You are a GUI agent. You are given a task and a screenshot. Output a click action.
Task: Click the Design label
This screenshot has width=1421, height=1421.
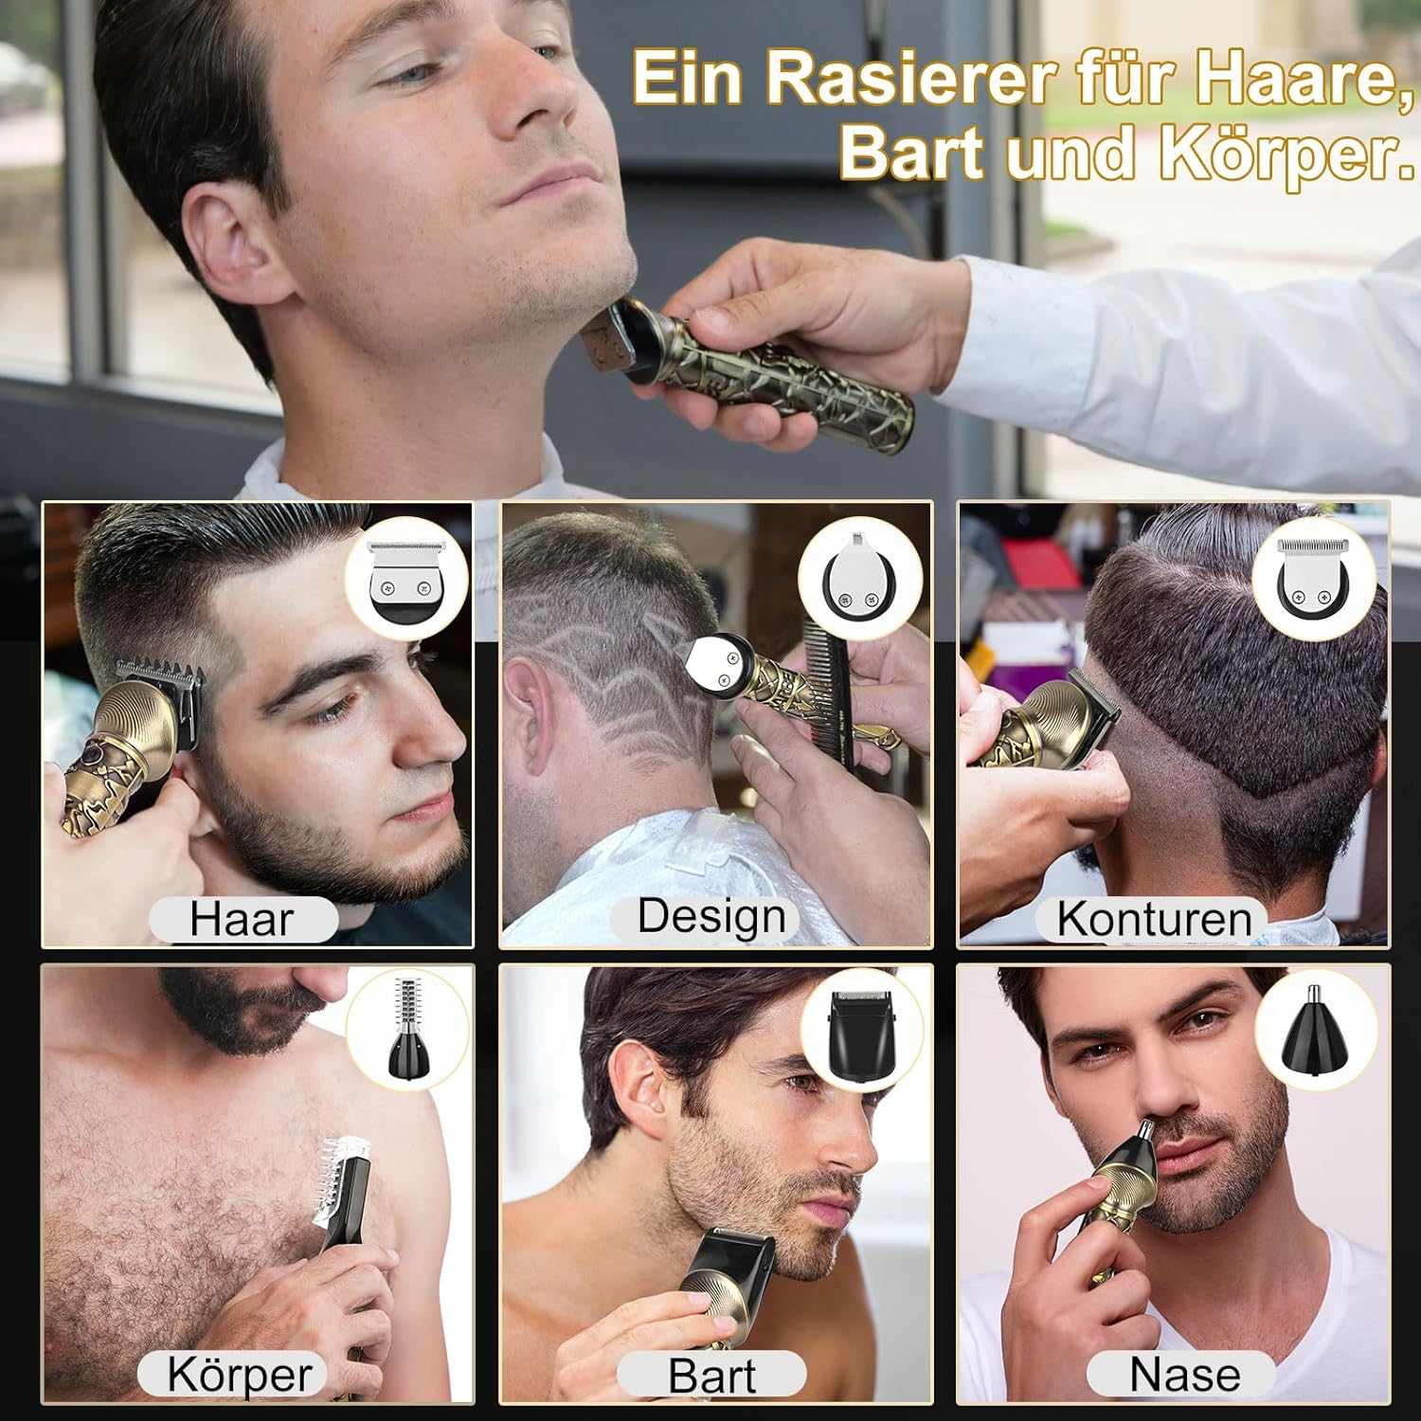pos(711,917)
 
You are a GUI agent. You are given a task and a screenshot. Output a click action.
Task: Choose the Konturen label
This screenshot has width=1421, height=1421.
pos(1154,920)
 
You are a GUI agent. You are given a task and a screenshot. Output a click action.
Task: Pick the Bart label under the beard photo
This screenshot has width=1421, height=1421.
pos(712,1376)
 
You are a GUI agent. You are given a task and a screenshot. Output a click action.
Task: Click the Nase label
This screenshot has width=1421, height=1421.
pos(1184,1374)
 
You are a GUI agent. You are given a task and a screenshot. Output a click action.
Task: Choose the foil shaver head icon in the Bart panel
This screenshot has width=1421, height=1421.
pos(862,1031)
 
